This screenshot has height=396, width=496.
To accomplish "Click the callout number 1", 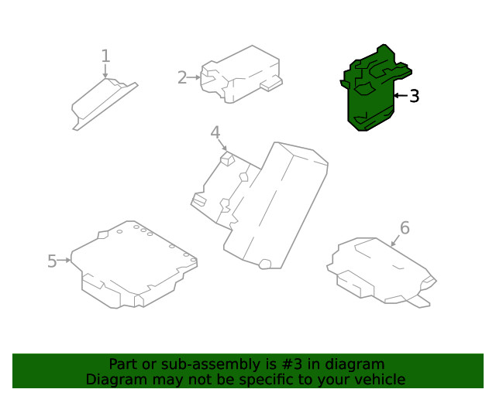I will pos(105,56).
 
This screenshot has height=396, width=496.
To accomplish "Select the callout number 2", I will pos(182,77).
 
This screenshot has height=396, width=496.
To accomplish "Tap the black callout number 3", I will pos(415,96).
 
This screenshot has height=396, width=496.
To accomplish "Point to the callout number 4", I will pos(215,133).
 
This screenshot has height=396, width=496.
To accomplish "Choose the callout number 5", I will pos(52,261).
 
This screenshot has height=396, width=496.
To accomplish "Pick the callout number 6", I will pos(404,227).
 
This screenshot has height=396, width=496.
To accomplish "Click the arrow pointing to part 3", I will pos(400,96).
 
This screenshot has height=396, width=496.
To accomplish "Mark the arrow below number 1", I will pos(105,70).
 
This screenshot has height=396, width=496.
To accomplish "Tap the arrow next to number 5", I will pos(65,261).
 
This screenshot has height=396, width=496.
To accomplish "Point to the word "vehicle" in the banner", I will pos(378,379).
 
